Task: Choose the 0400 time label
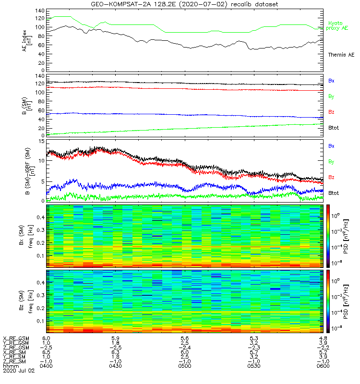tap(46, 366)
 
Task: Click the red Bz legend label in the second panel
tap(331, 112)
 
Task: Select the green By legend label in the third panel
tap(331, 161)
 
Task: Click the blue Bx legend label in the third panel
tap(331, 145)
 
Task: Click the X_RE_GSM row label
tap(16, 338)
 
